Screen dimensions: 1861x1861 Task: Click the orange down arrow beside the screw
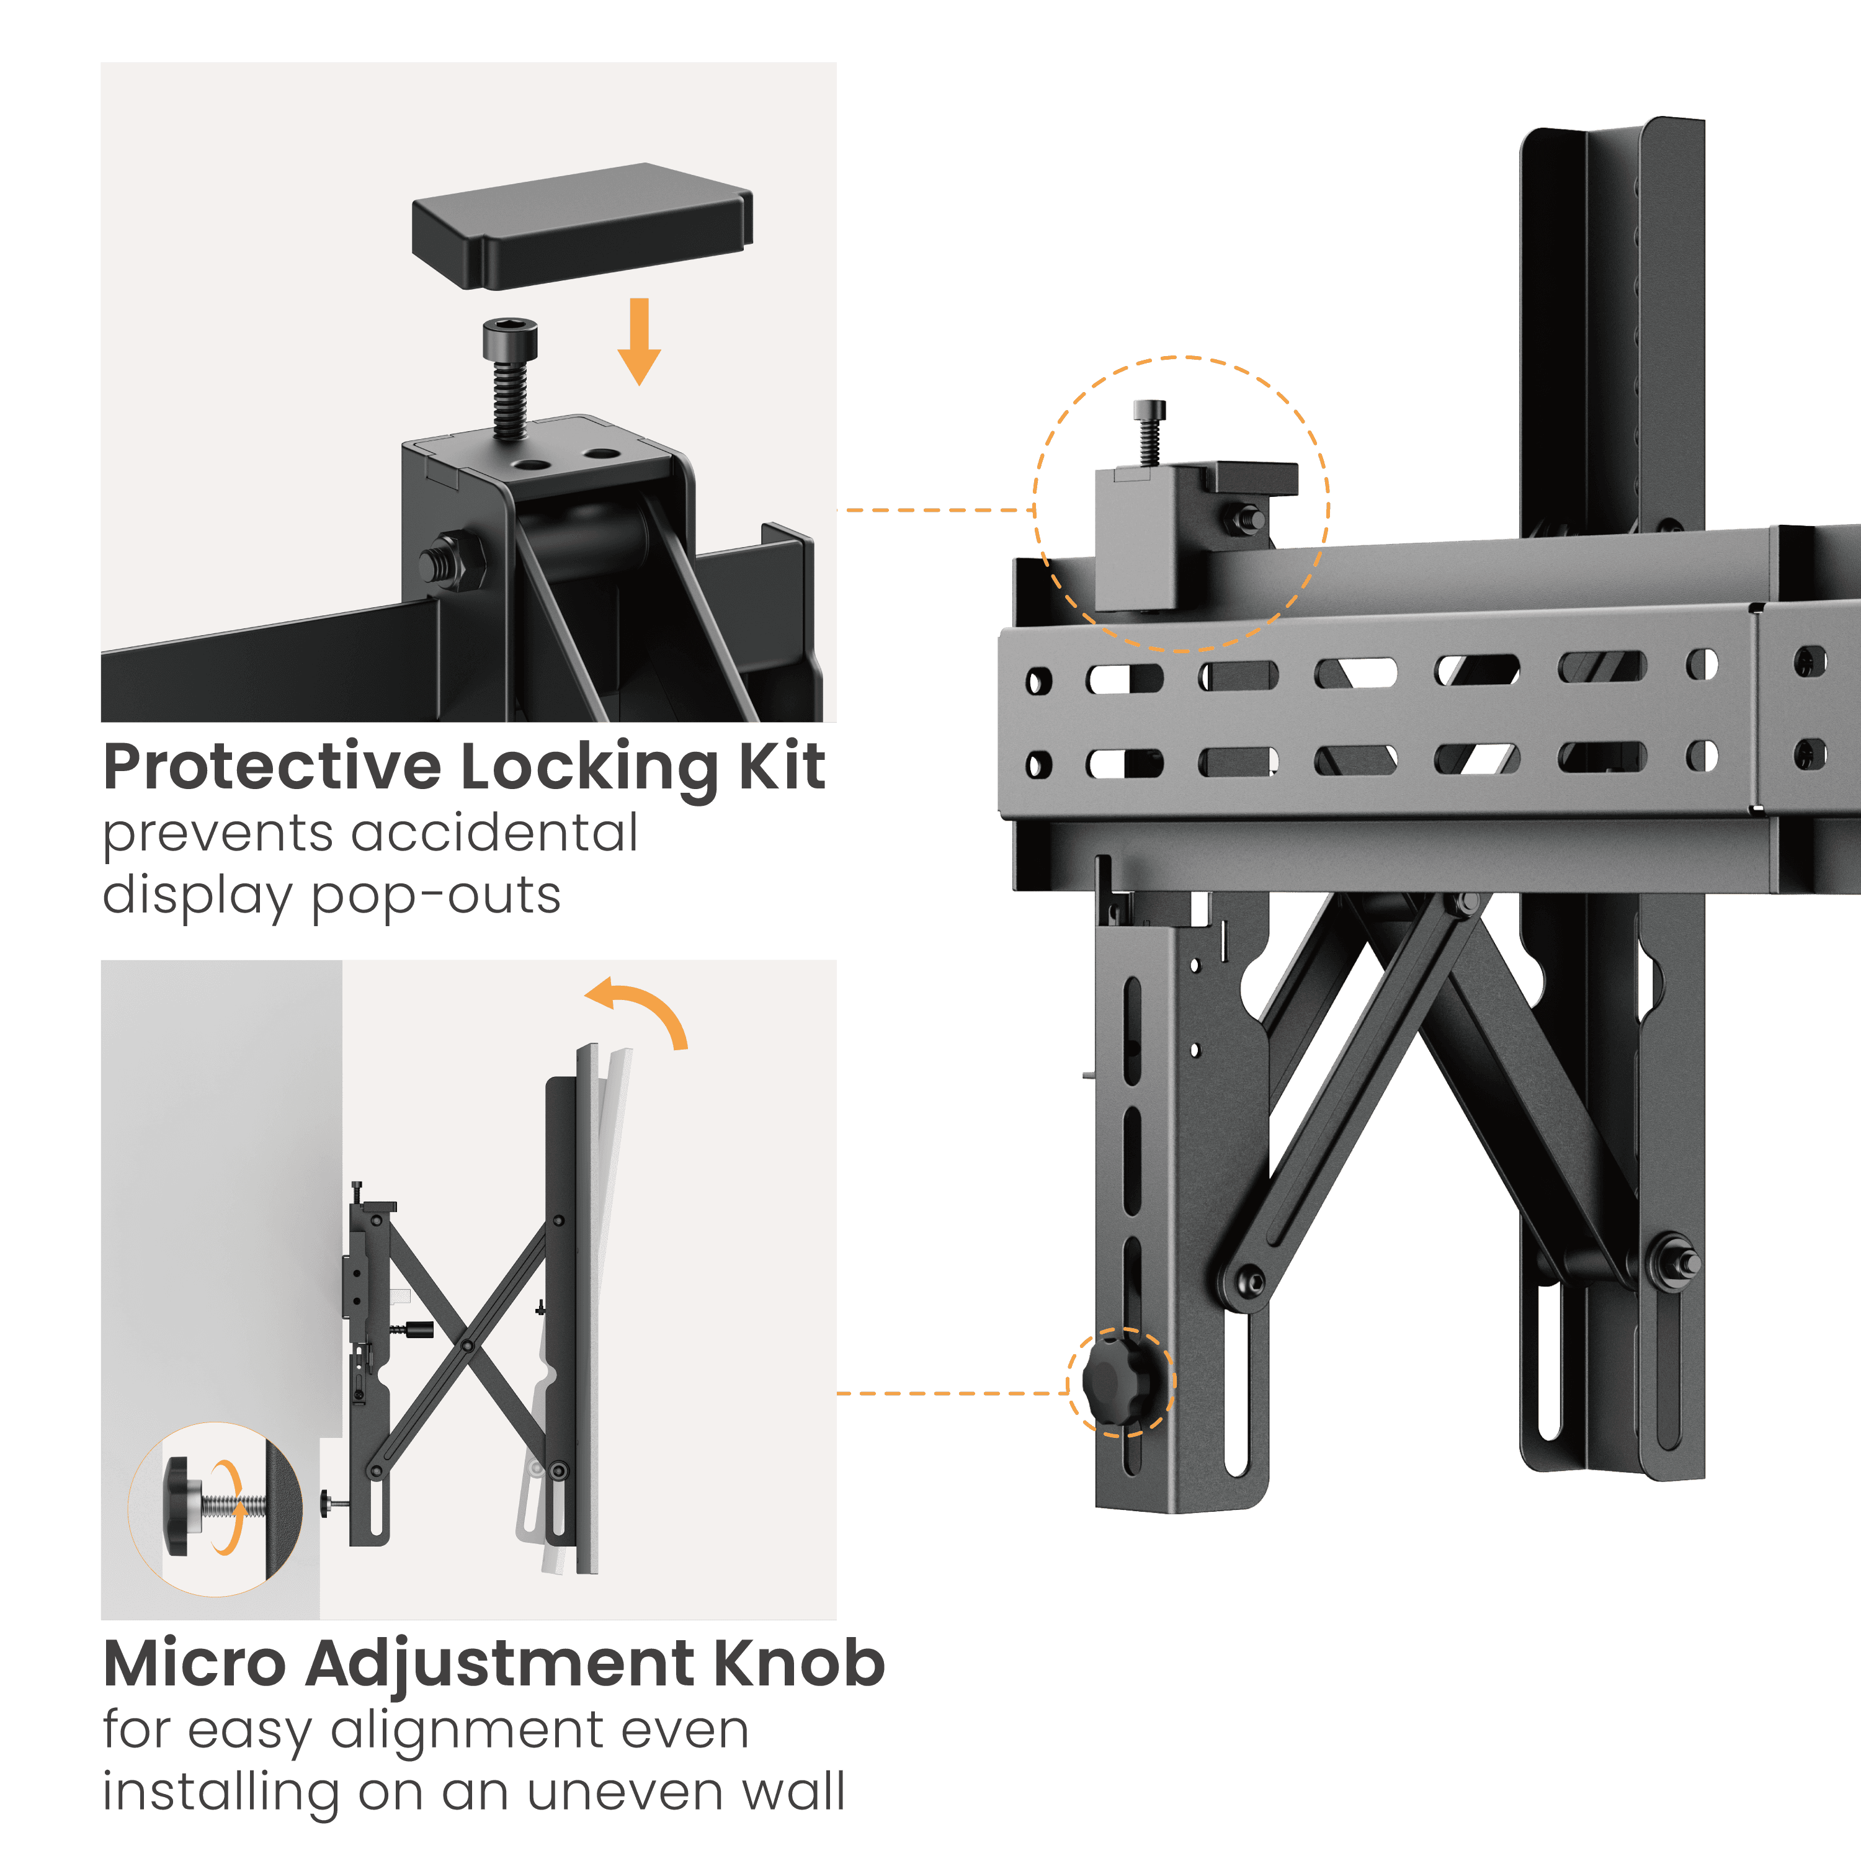[639, 341]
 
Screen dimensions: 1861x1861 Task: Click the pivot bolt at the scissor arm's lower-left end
[1251, 1281]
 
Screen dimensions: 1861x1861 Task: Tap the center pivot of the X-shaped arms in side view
[466, 1344]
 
